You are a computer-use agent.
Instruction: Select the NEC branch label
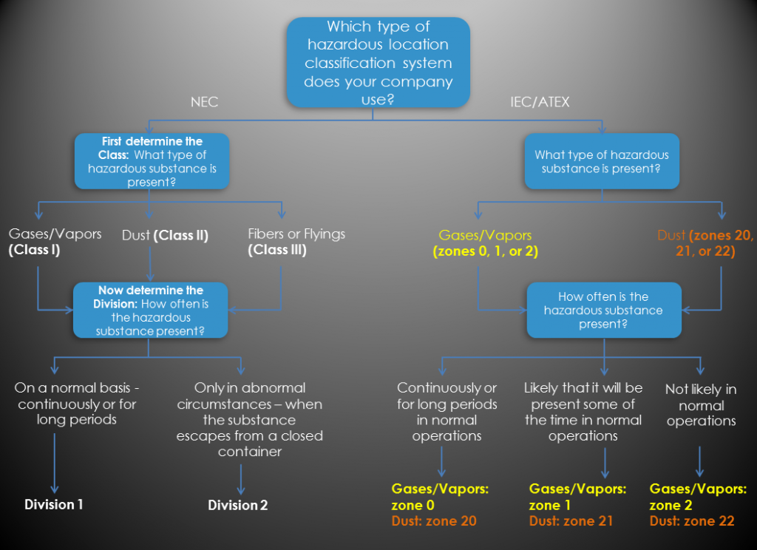coord(204,103)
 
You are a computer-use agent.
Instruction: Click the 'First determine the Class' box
coord(151,161)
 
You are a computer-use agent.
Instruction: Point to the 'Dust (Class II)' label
coord(165,236)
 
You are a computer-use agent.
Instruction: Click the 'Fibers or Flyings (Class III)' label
coord(296,242)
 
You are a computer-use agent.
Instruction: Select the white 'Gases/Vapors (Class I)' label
coord(55,242)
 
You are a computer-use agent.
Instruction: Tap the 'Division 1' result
coord(54,505)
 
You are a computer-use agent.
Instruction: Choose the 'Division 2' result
coord(237,506)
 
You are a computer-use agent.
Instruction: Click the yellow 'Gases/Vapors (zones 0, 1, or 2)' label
coord(485,243)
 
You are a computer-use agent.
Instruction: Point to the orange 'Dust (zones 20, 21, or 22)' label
coord(705,243)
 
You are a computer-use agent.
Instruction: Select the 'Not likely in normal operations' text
coord(701,405)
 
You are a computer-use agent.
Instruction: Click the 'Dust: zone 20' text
coord(434,521)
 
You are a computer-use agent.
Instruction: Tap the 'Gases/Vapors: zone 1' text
coord(577,497)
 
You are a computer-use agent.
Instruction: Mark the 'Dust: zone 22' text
coord(692,521)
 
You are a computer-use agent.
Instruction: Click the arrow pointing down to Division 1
coord(54,463)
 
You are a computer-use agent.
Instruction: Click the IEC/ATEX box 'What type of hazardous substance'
coord(601,161)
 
